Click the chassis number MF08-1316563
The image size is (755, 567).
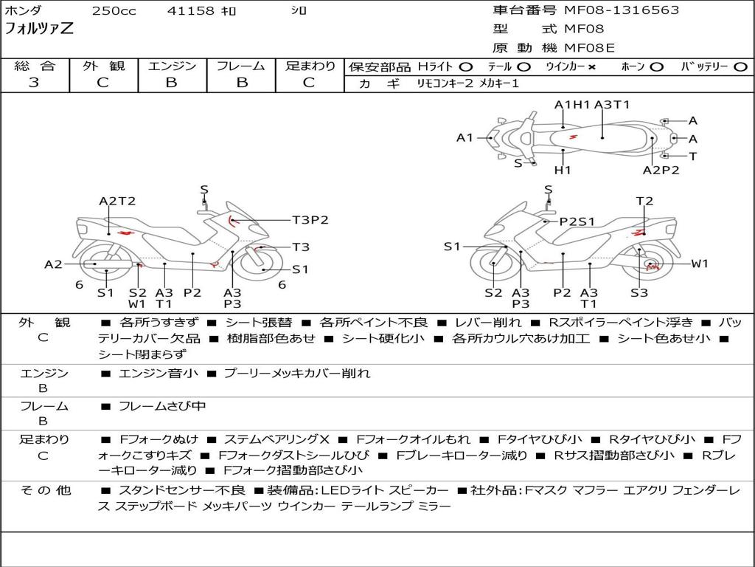pyautogui.click(x=621, y=10)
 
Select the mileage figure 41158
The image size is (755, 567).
pyautogui.click(x=190, y=10)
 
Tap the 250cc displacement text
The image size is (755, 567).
pyautogui.click(x=114, y=10)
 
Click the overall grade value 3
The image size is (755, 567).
pyautogui.click(x=34, y=83)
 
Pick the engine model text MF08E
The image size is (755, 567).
pyautogui.click(x=589, y=48)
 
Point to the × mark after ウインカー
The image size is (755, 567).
pyautogui.click(x=592, y=67)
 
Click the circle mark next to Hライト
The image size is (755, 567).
pyautogui.click(x=466, y=67)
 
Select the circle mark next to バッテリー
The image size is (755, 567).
pyautogui.click(x=741, y=67)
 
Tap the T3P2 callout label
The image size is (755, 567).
pyautogui.click(x=310, y=220)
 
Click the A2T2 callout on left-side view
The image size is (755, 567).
pyautogui.click(x=117, y=201)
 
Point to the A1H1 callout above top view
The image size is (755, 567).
pyautogui.click(x=572, y=105)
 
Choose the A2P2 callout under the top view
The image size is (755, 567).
pyautogui.click(x=661, y=171)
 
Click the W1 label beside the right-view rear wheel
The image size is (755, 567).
pyautogui.click(x=700, y=264)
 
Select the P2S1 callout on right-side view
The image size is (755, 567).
pyautogui.click(x=577, y=221)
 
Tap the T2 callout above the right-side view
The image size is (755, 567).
pyautogui.click(x=644, y=201)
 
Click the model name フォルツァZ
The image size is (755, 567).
pyautogui.click(x=38, y=29)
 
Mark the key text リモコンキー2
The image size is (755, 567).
pyautogui.click(x=445, y=83)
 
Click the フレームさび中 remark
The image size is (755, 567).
pyautogui.click(x=162, y=407)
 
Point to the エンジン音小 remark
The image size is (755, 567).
pyautogui.click(x=159, y=373)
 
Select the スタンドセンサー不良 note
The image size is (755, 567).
pyautogui.click(x=182, y=491)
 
